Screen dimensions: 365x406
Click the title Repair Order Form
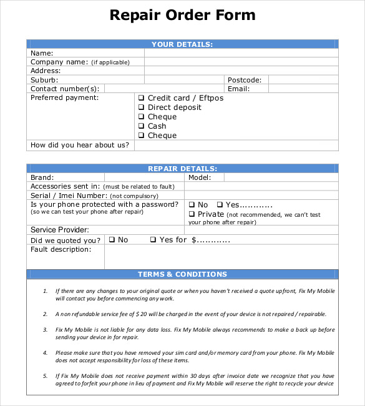(x=182, y=15)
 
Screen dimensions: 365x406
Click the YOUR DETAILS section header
(x=182, y=44)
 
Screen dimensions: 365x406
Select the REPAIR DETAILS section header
(x=182, y=169)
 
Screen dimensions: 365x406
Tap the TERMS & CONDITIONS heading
(x=182, y=274)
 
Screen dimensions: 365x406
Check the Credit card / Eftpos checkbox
(x=142, y=98)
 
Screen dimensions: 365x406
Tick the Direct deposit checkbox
(x=142, y=107)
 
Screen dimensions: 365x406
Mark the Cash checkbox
(x=142, y=126)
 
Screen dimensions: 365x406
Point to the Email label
(x=238, y=89)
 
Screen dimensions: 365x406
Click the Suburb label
(x=44, y=80)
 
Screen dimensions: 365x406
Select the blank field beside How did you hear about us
(x=236, y=146)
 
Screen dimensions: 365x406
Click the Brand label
(x=42, y=177)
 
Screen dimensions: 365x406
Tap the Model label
(x=198, y=177)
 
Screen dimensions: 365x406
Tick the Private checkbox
(x=192, y=214)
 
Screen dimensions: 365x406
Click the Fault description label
(x=61, y=249)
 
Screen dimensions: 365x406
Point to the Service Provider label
(x=60, y=230)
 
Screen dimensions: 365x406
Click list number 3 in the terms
(x=46, y=329)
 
